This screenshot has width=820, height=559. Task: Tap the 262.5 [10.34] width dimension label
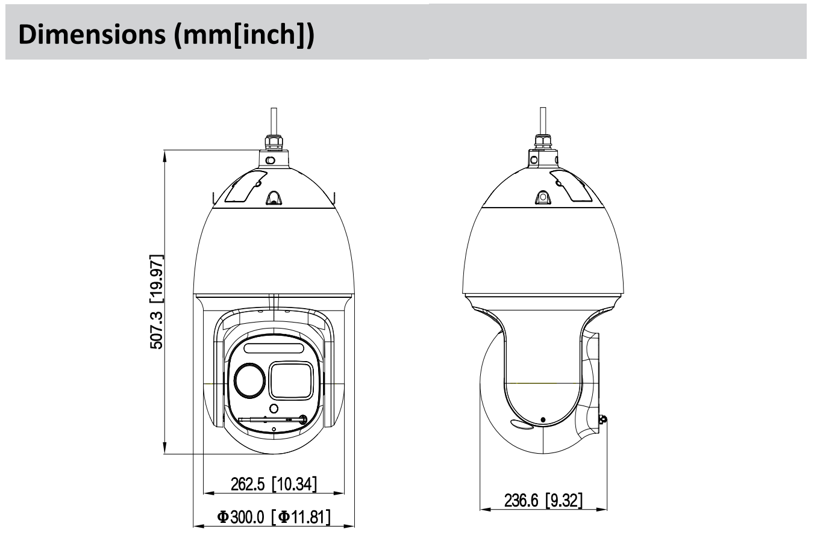pos(274,484)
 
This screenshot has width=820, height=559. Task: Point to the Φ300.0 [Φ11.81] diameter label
pos(274,517)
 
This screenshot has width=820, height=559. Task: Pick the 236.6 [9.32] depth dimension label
pos(543,501)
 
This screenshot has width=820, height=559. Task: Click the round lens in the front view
pos(249,381)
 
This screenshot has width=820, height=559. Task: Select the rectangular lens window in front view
pos(290,380)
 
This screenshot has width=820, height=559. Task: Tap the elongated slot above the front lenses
pos(274,348)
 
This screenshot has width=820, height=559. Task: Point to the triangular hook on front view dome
pos(274,199)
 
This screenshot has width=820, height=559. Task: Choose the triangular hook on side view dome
pos(543,197)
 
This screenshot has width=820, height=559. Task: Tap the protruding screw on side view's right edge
pos(603,420)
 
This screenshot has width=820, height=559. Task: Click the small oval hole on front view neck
pos(270,161)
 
